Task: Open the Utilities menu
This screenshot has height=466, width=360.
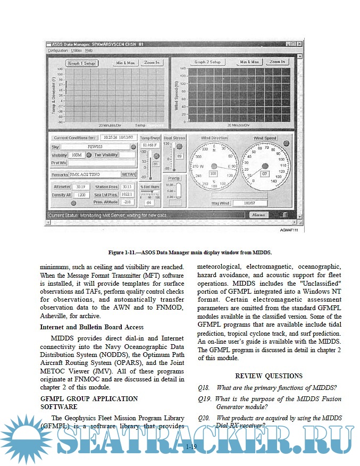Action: point(77,51)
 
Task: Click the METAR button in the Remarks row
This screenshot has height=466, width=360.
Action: point(129,174)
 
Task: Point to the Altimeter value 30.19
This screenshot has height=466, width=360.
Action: point(81,187)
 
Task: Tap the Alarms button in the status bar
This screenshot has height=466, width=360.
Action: point(258,215)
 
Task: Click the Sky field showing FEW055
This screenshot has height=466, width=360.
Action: point(98,146)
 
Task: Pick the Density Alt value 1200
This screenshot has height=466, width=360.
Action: point(81,195)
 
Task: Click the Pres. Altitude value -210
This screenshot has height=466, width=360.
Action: point(127,202)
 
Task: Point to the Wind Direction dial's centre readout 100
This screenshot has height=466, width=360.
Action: point(213,173)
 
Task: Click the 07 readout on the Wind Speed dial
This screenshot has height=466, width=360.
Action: point(264,173)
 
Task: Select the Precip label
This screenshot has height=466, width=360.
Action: point(173,178)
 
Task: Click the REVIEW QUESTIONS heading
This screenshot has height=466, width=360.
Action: point(269,376)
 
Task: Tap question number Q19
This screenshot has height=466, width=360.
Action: point(203,399)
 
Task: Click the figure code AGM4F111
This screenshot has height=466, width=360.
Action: point(289,230)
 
